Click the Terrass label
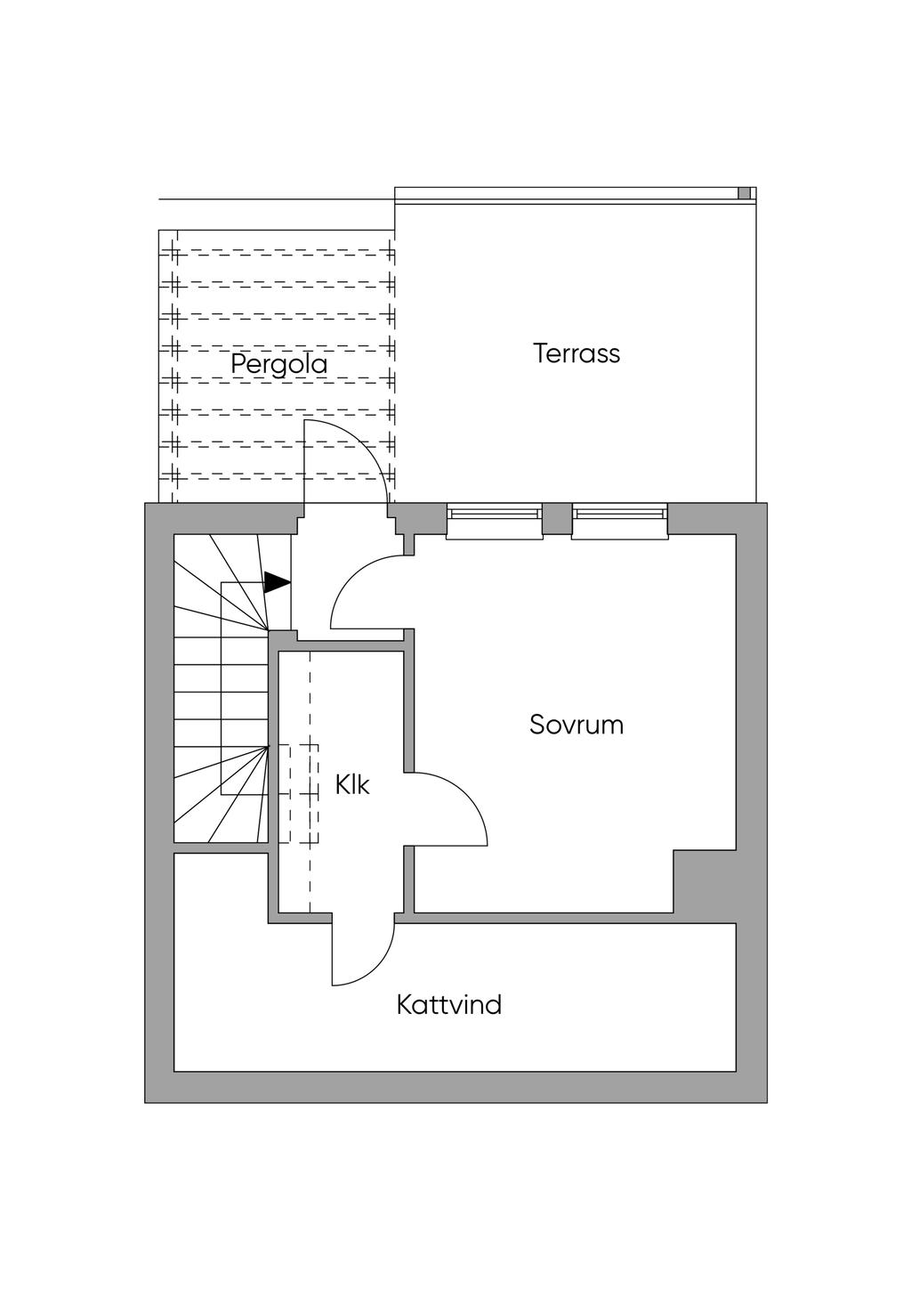click(x=576, y=353)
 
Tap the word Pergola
click(x=279, y=364)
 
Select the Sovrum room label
click(x=576, y=725)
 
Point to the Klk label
click(x=352, y=784)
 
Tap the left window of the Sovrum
click(x=495, y=522)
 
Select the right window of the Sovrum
click(x=620, y=522)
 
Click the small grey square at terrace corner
click(x=745, y=193)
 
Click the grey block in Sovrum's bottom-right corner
click(x=705, y=881)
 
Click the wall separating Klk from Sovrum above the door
click(x=408, y=701)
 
